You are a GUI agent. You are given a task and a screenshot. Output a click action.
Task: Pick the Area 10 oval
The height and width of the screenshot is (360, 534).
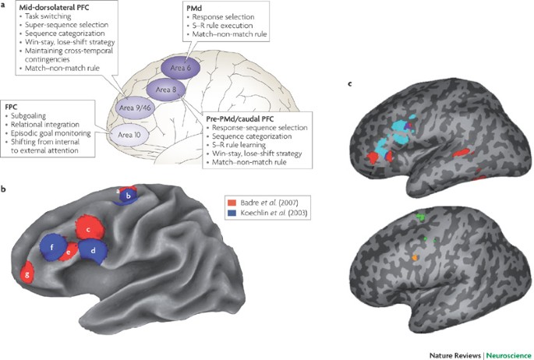pos(123,133)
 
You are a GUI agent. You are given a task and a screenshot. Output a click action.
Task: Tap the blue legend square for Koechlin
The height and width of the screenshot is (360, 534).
pos(229,213)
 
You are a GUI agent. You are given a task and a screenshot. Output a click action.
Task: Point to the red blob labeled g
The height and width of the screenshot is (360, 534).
pos(30,274)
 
